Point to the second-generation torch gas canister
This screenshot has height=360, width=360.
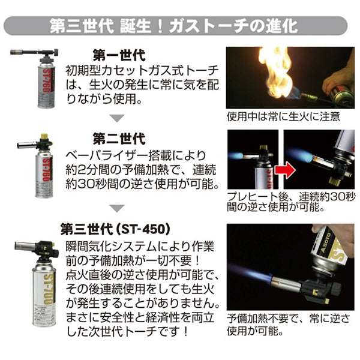click(46, 174)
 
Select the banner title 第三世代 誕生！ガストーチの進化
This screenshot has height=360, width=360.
click(180, 26)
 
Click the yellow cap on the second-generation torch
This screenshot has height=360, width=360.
click(44, 137)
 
